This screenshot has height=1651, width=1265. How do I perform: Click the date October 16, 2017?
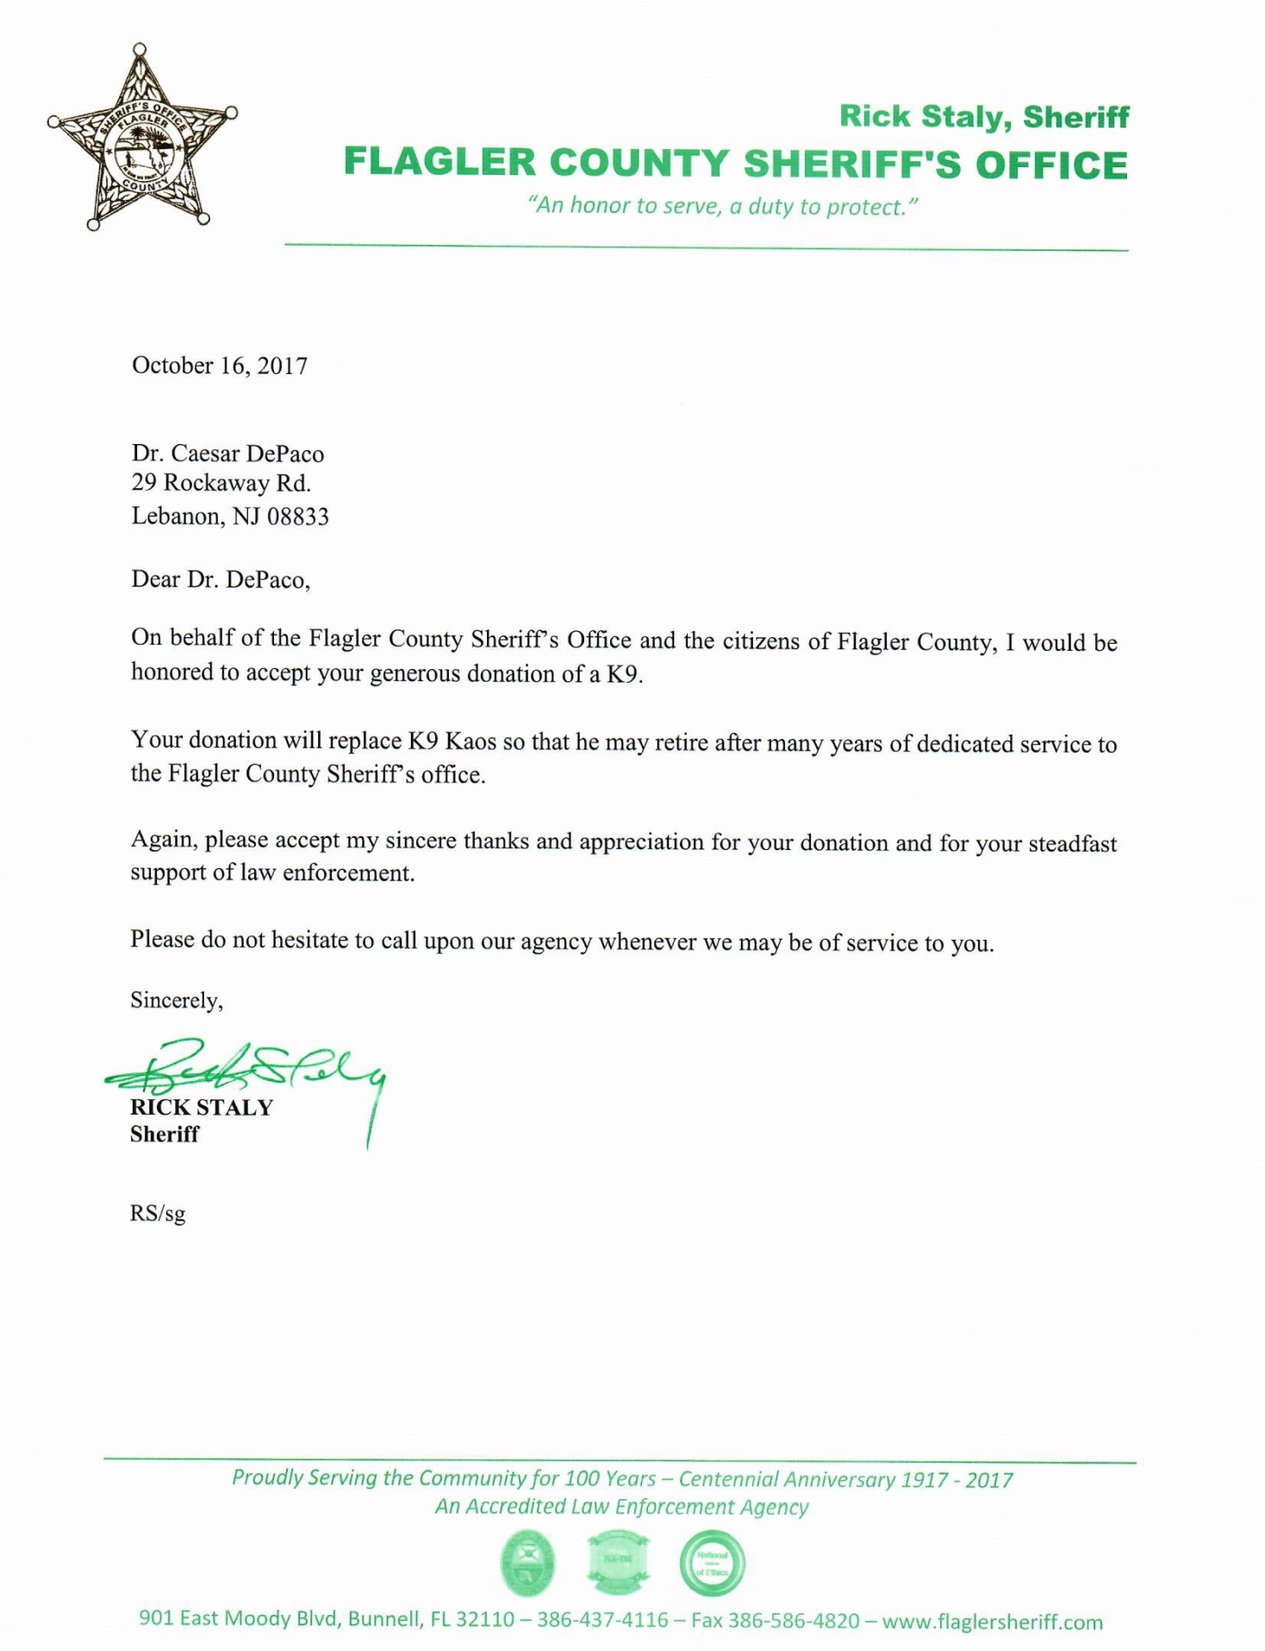pos(219,366)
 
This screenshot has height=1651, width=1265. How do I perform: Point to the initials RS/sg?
pos(158,1214)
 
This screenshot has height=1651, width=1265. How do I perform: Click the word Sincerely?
pos(176,1000)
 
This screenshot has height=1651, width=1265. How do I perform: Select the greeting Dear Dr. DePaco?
pos(220,579)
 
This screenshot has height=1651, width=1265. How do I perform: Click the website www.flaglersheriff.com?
pos(992,1622)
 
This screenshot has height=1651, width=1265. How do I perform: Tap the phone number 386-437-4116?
pos(602,1620)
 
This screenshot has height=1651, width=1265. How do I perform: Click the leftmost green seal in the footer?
pos(527,1563)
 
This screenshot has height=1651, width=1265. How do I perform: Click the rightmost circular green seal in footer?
pos(712,1563)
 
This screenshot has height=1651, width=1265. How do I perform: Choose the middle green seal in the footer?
pos(618,1563)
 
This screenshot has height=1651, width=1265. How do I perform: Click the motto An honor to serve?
pos(726,206)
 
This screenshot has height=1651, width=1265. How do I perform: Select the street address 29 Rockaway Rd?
pos(221,483)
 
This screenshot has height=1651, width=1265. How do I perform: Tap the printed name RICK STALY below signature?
pos(202,1108)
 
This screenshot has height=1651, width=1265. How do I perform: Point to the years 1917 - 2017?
pos(957,1480)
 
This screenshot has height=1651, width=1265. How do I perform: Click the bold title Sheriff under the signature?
pos(165,1135)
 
